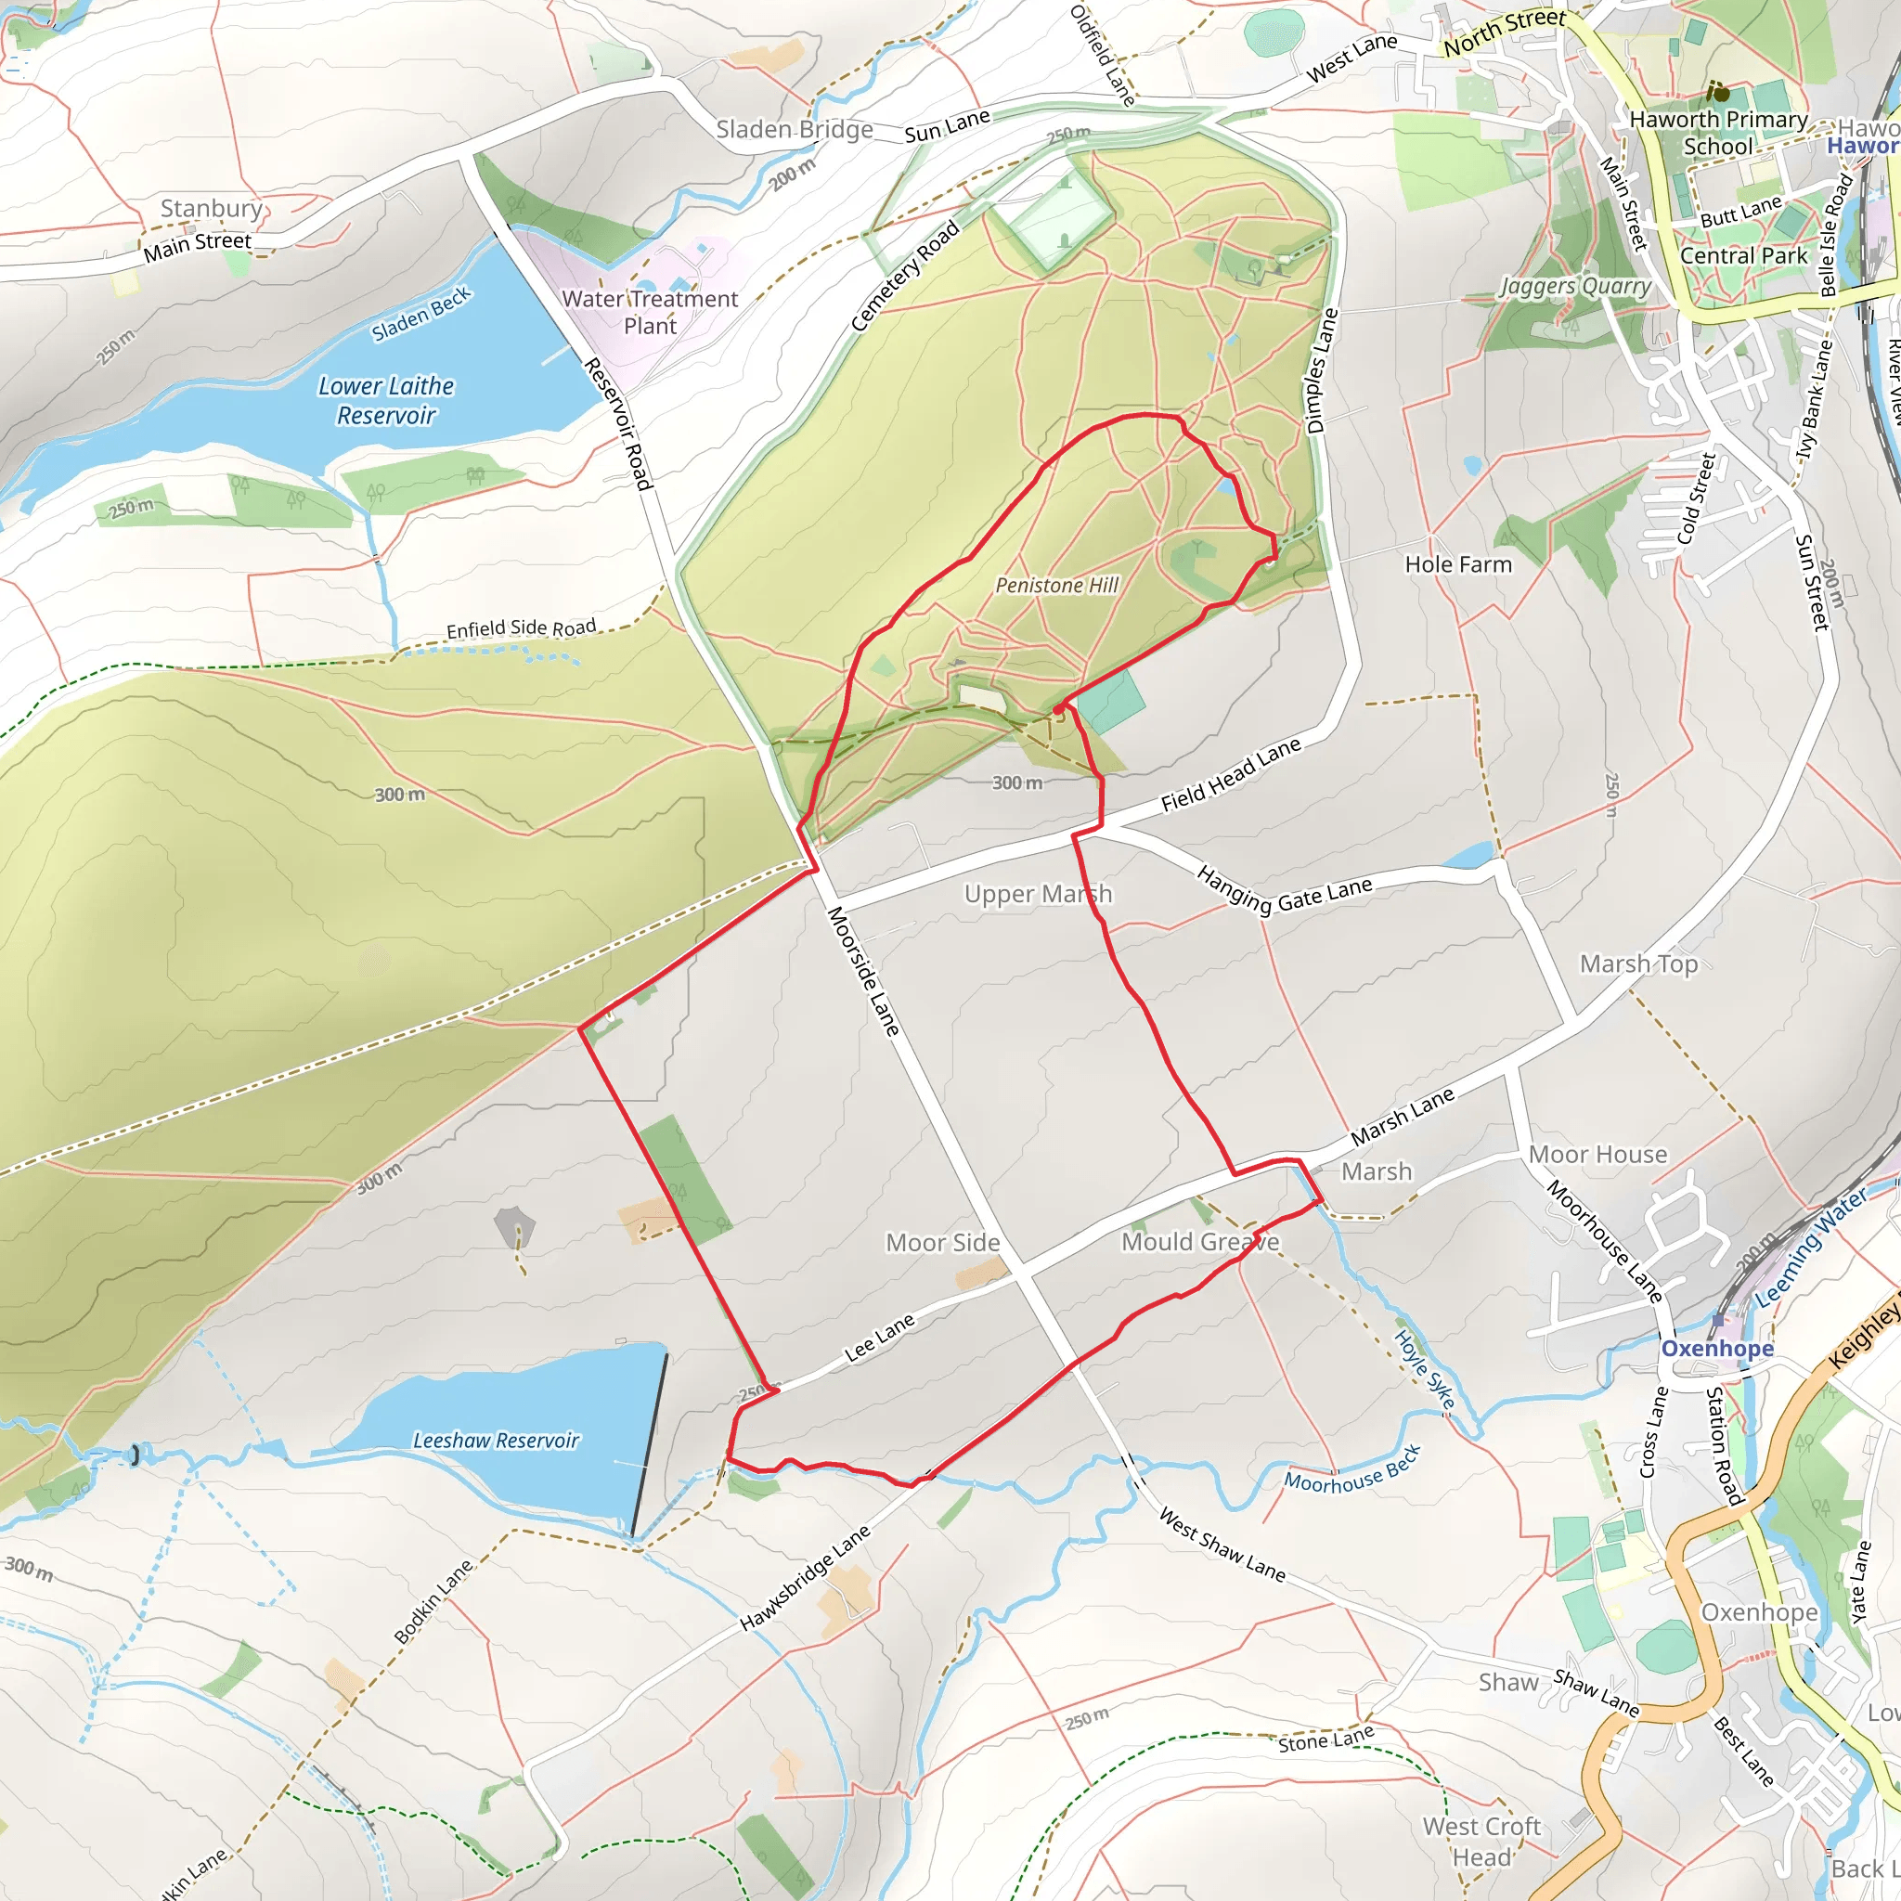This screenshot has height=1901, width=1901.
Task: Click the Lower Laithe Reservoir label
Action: coord(386,400)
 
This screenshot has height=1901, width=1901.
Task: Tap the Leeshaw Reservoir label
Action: coord(496,1441)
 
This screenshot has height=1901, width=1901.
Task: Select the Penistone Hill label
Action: coord(1056,586)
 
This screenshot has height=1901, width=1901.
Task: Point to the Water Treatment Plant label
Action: coord(650,312)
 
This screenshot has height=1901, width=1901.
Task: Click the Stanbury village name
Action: coord(212,209)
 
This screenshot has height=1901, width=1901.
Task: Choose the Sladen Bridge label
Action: coord(794,130)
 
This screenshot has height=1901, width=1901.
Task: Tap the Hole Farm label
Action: coord(1458,564)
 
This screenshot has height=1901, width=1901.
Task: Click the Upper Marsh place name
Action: coord(1038,895)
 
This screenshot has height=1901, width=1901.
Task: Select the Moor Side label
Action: coord(943,1243)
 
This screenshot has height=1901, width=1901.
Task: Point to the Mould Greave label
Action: coord(1200,1242)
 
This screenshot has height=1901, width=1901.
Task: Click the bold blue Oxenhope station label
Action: coord(1717,1348)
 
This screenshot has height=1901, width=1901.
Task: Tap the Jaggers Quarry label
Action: coord(1575,286)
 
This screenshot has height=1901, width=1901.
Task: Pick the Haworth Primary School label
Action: coord(1718,133)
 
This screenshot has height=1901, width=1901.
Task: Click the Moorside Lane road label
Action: coord(863,971)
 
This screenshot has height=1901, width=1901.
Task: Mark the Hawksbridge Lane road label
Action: coord(805,1578)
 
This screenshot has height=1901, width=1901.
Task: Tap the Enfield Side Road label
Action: coord(521,629)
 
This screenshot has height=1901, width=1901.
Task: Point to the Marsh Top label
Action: coord(1638,964)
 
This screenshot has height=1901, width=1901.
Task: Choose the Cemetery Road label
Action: coord(904,278)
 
